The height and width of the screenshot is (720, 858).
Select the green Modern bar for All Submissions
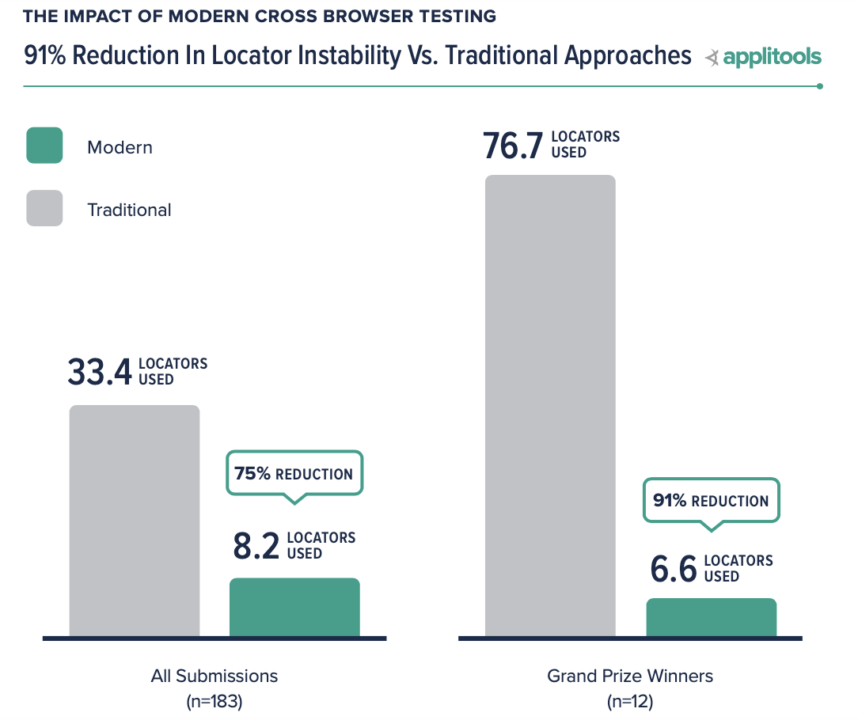pos(294,607)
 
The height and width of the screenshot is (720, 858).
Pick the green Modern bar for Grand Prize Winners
pos(712,617)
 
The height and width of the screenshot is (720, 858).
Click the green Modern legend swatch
pos(44,146)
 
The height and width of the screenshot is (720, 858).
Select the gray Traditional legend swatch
pos(44,208)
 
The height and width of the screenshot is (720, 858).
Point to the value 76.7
pos(513,146)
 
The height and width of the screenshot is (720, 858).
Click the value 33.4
pos(99,373)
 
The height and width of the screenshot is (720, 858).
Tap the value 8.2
pos(256,547)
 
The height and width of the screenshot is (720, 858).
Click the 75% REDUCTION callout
pos(294,474)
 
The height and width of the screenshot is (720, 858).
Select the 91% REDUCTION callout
pos(711,501)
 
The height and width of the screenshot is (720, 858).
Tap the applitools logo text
pos(772,57)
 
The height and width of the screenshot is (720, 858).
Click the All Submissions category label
pos(214,676)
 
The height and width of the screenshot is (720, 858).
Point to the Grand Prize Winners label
pos(630,676)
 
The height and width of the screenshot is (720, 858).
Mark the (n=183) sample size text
pos(214,701)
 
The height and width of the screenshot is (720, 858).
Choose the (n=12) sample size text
pos(630,701)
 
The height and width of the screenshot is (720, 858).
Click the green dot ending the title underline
pos(820,86)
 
